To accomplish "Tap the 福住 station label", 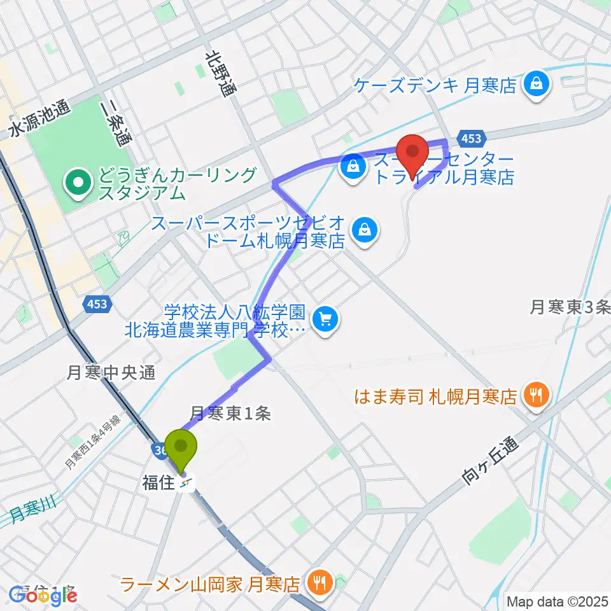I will click(158, 483).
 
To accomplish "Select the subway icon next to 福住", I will click(186, 484).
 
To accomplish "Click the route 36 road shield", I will click(159, 450).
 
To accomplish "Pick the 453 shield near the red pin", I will click(471, 138).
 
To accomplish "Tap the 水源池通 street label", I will click(39, 120).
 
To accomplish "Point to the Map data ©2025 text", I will click(558, 601).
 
